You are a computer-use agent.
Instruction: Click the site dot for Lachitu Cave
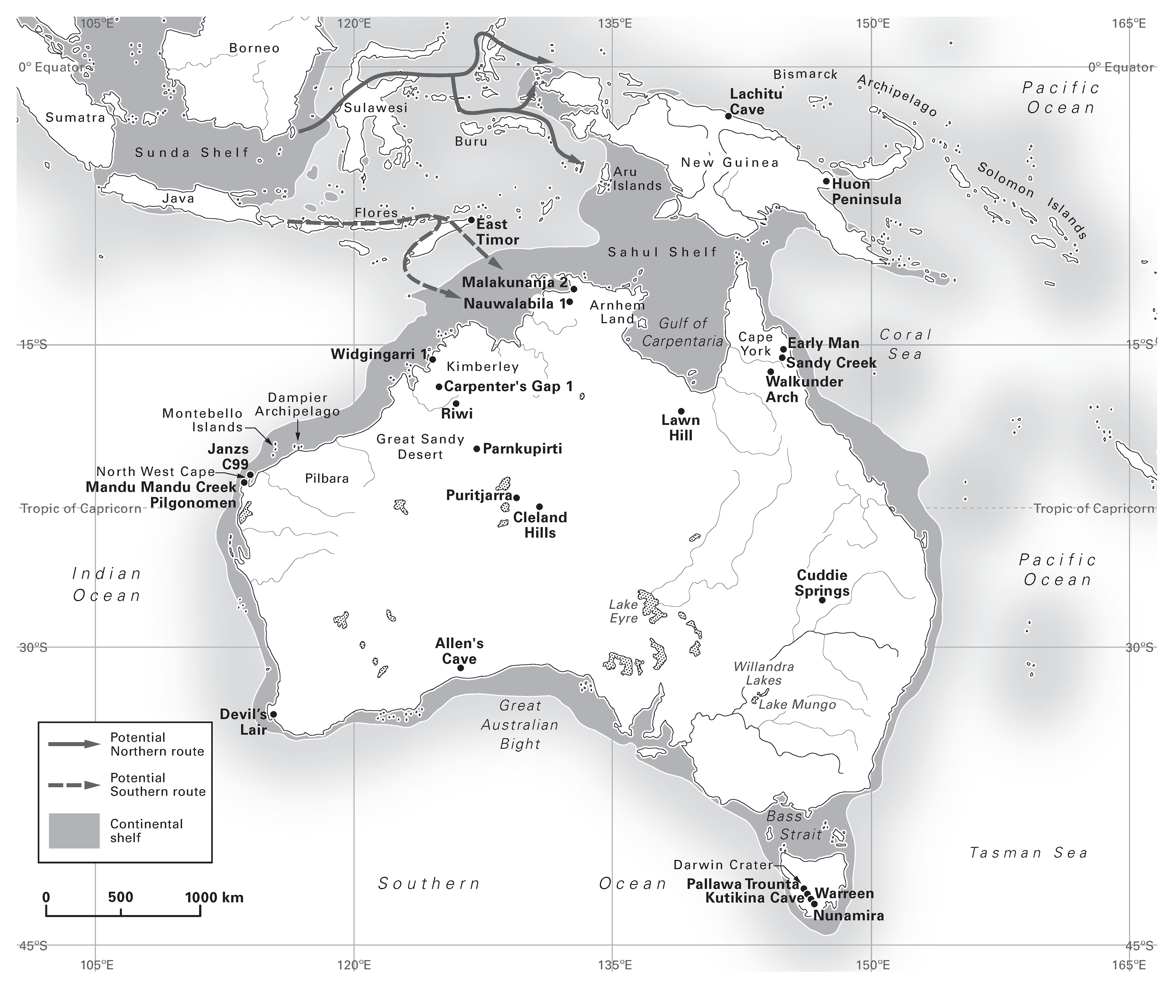pos(728,116)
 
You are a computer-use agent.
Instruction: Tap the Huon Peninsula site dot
pos(826,181)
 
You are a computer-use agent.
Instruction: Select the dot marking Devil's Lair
pos(273,715)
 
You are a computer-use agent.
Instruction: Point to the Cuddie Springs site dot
pos(822,600)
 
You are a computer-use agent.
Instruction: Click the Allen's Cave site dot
pos(460,668)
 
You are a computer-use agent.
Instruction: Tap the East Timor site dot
pos(471,220)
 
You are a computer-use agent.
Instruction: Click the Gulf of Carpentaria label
pos(682,332)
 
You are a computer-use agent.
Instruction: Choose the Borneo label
pos(254,48)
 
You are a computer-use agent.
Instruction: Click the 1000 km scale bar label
pos(214,898)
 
